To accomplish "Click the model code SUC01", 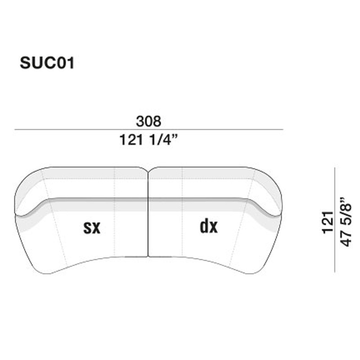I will point(47,63).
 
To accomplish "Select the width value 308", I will point(148,121).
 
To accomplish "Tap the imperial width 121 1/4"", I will point(149,141).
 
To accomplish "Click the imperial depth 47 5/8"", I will point(345,220).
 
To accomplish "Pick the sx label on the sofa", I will point(91,228).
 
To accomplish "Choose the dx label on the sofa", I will point(208,227).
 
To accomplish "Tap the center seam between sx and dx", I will point(148,216).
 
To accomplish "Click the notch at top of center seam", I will point(148,171).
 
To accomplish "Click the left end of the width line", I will point(15,130).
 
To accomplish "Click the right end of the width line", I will point(283,130).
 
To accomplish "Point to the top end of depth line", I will point(334,167).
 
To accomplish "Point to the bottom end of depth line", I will point(334,272).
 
